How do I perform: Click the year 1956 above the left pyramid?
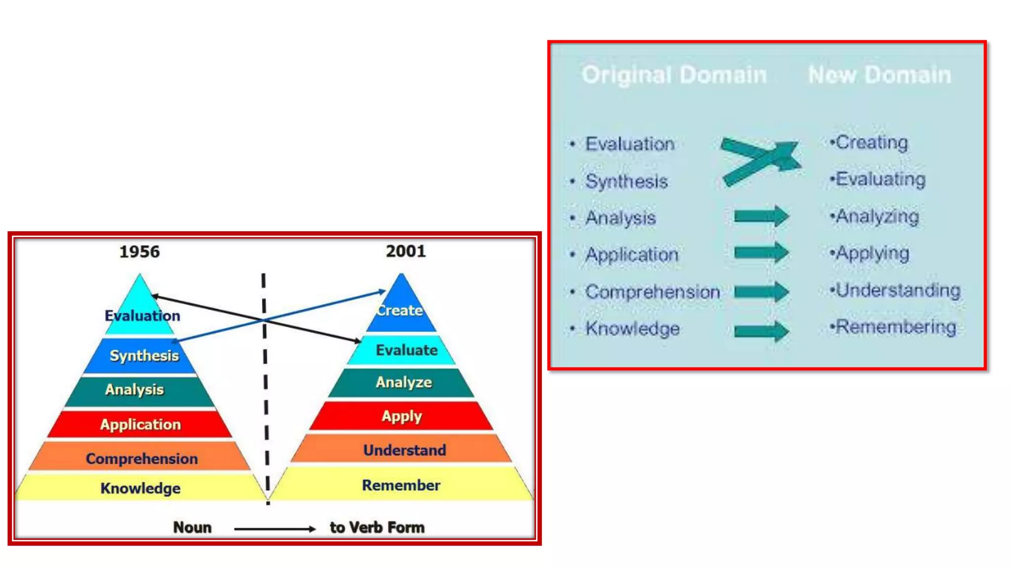pyautogui.click(x=140, y=252)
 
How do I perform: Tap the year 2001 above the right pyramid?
pyautogui.click(x=406, y=251)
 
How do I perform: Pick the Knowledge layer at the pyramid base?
pyautogui.click(x=140, y=488)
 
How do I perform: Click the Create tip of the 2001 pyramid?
pyautogui.click(x=400, y=310)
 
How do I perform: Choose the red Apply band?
pyautogui.click(x=401, y=417)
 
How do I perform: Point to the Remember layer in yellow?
pyautogui.click(x=401, y=485)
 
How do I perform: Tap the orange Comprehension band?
pyautogui.click(x=142, y=459)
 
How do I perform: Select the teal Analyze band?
pyautogui.click(x=403, y=383)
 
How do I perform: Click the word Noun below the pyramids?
pyautogui.click(x=192, y=528)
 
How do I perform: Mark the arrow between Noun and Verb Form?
pyautogui.click(x=274, y=529)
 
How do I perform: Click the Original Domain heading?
pyautogui.click(x=674, y=75)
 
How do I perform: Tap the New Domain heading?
pyautogui.click(x=879, y=75)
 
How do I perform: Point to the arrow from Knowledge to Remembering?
pyautogui.click(x=761, y=331)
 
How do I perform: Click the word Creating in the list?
pyautogui.click(x=871, y=142)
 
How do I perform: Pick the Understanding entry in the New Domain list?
pyautogui.click(x=897, y=290)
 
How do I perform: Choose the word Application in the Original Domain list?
pyautogui.click(x=632, y=255)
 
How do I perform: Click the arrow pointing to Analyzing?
pyautogui.click(x=761, y=216)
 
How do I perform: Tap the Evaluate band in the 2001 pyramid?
pyautogui.click(x=406, y=350)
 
